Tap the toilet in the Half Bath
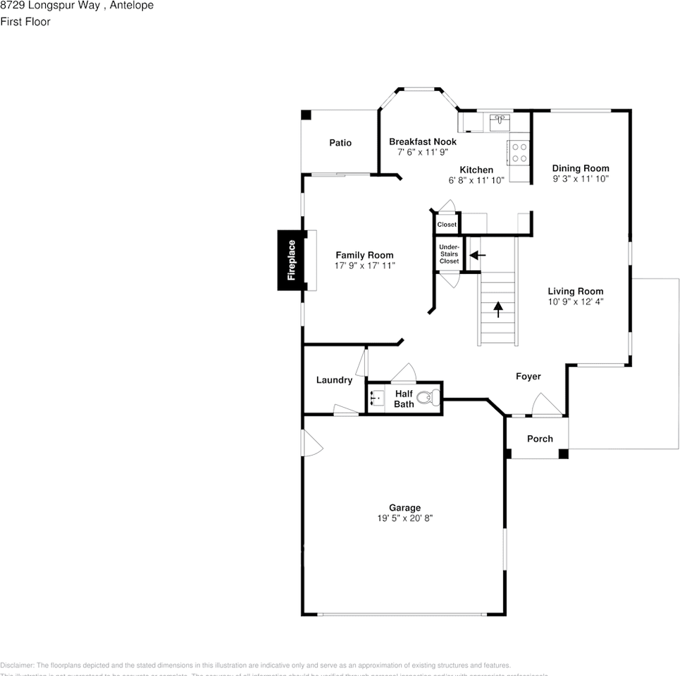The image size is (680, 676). [426, 399]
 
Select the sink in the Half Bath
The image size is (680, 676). [376, 399]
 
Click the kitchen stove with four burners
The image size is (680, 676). [519, 153]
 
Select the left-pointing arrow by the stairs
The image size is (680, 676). [478, 255]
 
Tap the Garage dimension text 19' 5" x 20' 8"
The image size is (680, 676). [405, 518]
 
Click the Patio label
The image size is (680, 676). [340, 143]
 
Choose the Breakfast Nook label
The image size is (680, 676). [423, 142]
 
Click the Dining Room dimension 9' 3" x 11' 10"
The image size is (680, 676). [581, 179]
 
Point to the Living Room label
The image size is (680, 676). [576, 291]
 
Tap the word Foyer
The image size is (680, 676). [528, 376]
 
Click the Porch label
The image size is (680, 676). [540, 439]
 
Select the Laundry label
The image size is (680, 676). [334, 380]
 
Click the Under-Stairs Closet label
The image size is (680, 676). [449, 254]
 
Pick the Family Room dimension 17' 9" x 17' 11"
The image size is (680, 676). [365, 265]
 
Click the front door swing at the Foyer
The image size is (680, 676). [545, 405]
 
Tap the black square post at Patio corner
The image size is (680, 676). [306, 114]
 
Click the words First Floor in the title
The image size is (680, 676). [25, 22]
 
